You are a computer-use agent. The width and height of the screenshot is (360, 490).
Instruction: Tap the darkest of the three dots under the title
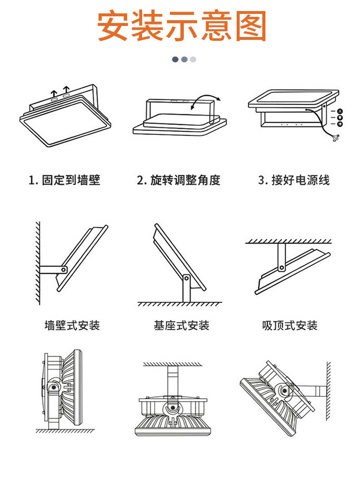(175, 59)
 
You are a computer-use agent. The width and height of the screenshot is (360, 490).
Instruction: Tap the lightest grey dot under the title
(193, 59)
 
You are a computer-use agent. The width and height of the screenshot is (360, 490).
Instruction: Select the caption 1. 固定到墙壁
(64, 181)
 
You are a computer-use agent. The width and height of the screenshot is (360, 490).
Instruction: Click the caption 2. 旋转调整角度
(179, 181)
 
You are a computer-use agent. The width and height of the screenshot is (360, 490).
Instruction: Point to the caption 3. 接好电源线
(294, 181)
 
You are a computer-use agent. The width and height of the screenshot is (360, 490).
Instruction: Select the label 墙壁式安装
(72, 325)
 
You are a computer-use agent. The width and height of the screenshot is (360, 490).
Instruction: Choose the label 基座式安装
(181, 325)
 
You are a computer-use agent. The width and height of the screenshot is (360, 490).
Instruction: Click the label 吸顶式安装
(290, 325)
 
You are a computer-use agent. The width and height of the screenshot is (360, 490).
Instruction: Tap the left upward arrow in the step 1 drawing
(55, 92)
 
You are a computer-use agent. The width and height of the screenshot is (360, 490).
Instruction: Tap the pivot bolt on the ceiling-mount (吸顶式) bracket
(282, 265)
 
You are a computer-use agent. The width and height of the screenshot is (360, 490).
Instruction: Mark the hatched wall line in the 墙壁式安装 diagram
(36, 262)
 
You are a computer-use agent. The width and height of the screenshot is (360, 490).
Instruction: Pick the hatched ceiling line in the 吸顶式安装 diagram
(288, 241)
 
